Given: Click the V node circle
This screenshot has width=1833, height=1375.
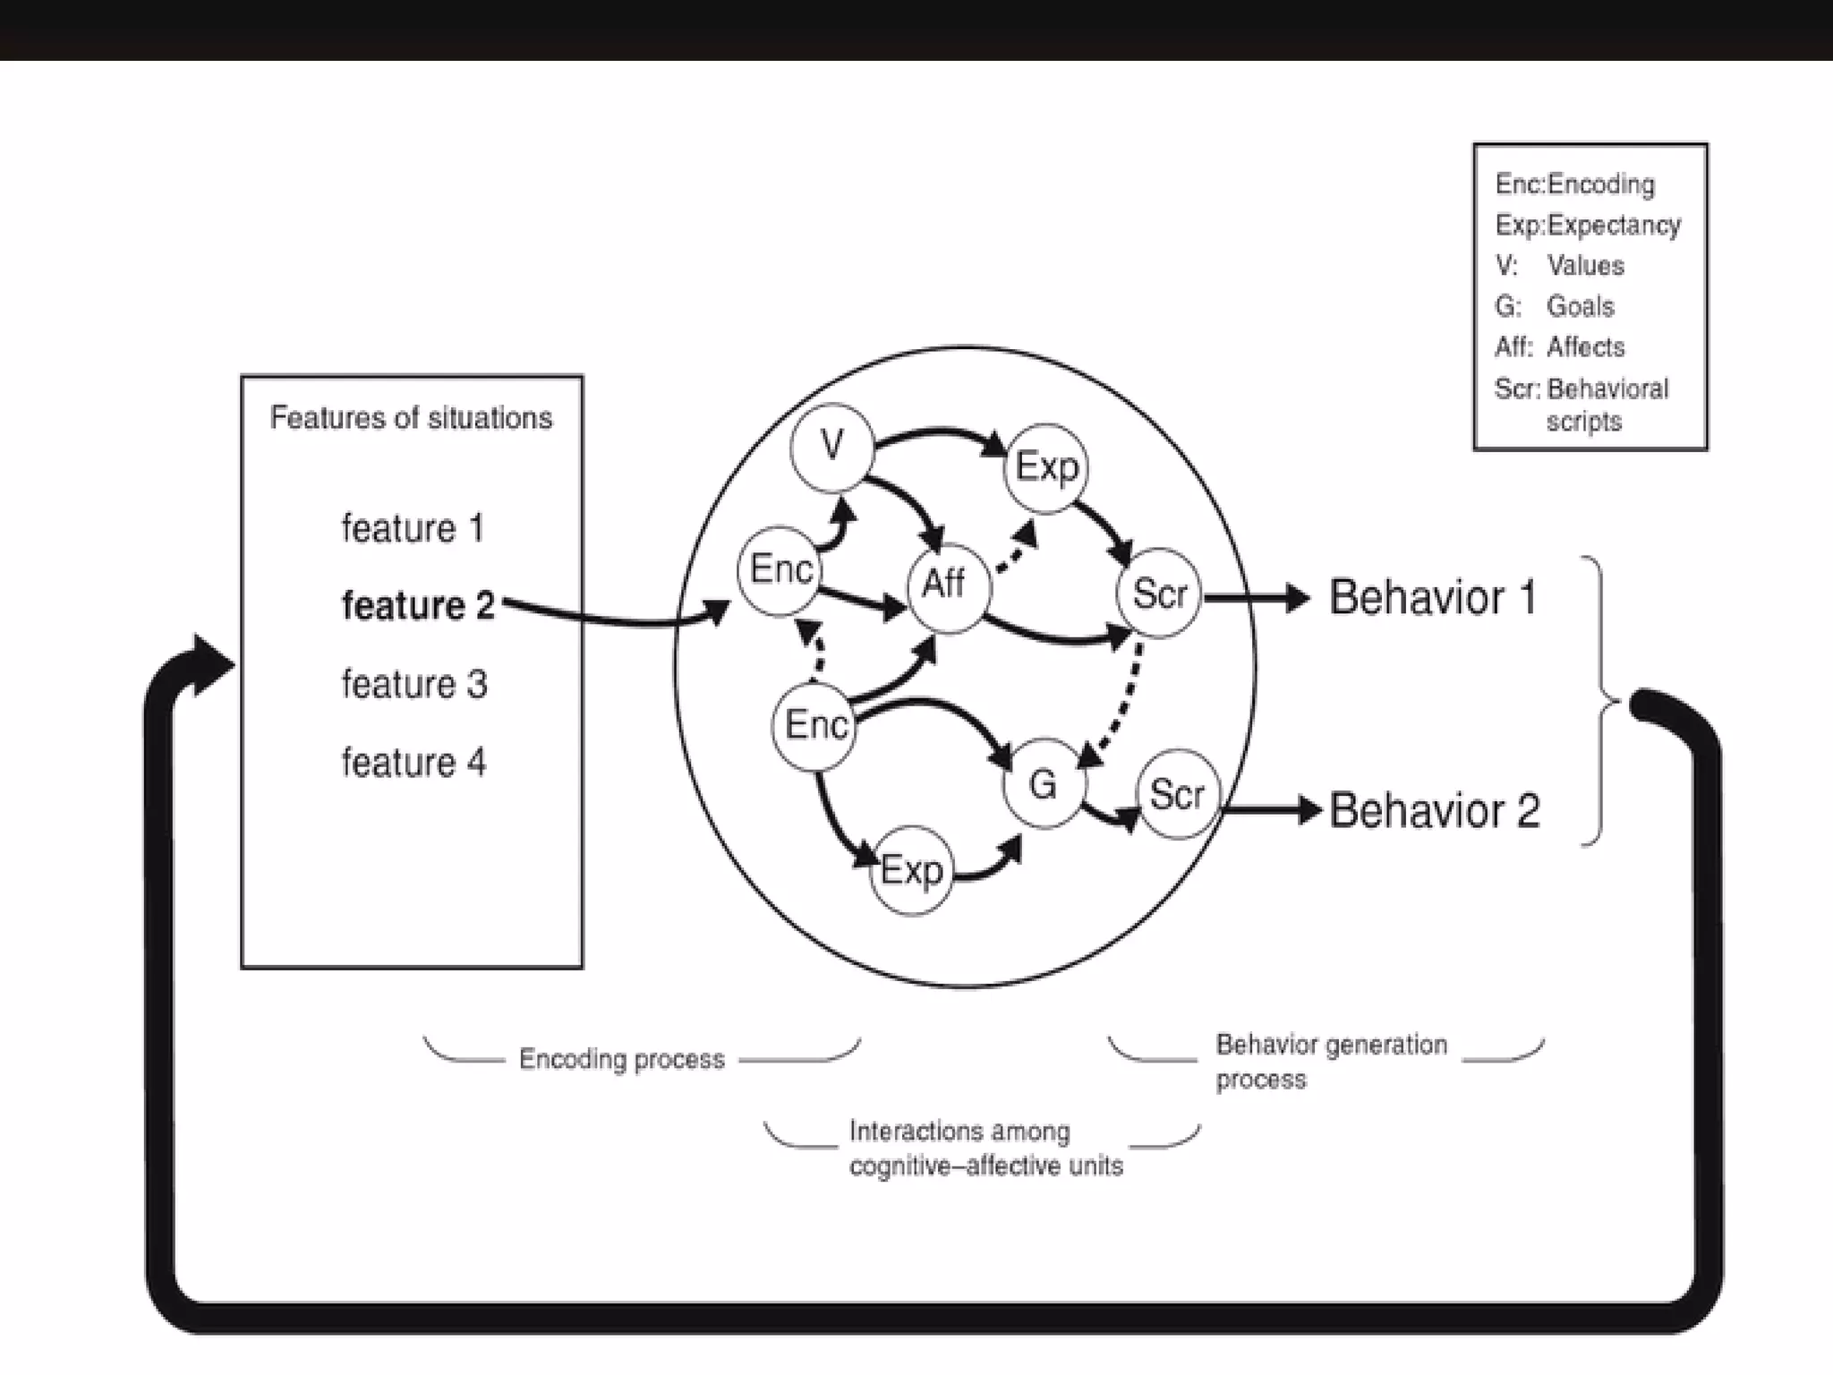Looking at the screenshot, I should pyautogui.click(x=831, y=447).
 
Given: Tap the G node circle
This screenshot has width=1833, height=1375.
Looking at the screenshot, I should pyautogui.click(x=1043, y=784).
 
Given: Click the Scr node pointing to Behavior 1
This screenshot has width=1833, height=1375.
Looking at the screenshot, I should pyautogui.click(x=1158, y=594).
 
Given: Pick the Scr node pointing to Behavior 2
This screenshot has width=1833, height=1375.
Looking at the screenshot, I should pyautogui.click(x=1177, y=794).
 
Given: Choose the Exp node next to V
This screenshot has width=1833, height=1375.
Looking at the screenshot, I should pyautogui.click(x=1045, y=467).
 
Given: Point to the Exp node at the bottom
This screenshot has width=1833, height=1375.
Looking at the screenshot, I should pyautogui.click(x=911, y=870).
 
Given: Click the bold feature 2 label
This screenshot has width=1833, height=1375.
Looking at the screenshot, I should pyautogui.click(x=418, y=606).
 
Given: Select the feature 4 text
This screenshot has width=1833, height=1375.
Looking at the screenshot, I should pyautogui.click(x=413, y=763).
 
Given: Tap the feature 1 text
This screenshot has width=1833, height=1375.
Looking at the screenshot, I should pyautogui.click(x=413, y=528).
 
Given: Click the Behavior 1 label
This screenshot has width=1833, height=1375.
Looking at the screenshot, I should pyautogui.click(x=1432, y=597).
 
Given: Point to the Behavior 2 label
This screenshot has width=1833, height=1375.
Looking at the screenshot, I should pyautogui.click(x=1434, y=811).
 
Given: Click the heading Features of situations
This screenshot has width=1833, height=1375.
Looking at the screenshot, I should pyautogui.click(x=411, y=418).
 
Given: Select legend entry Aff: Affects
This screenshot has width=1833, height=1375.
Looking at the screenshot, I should pyautogui.click(x=1559, y=347).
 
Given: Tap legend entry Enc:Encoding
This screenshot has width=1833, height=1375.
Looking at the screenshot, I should pyautogui.click(x=1574, y=184).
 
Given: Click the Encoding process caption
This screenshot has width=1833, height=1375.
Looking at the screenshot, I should pyautogui.click(x=621, y=1059).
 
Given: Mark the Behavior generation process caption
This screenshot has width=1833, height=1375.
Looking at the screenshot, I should pyautogui.click(x=1330, y=1061).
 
